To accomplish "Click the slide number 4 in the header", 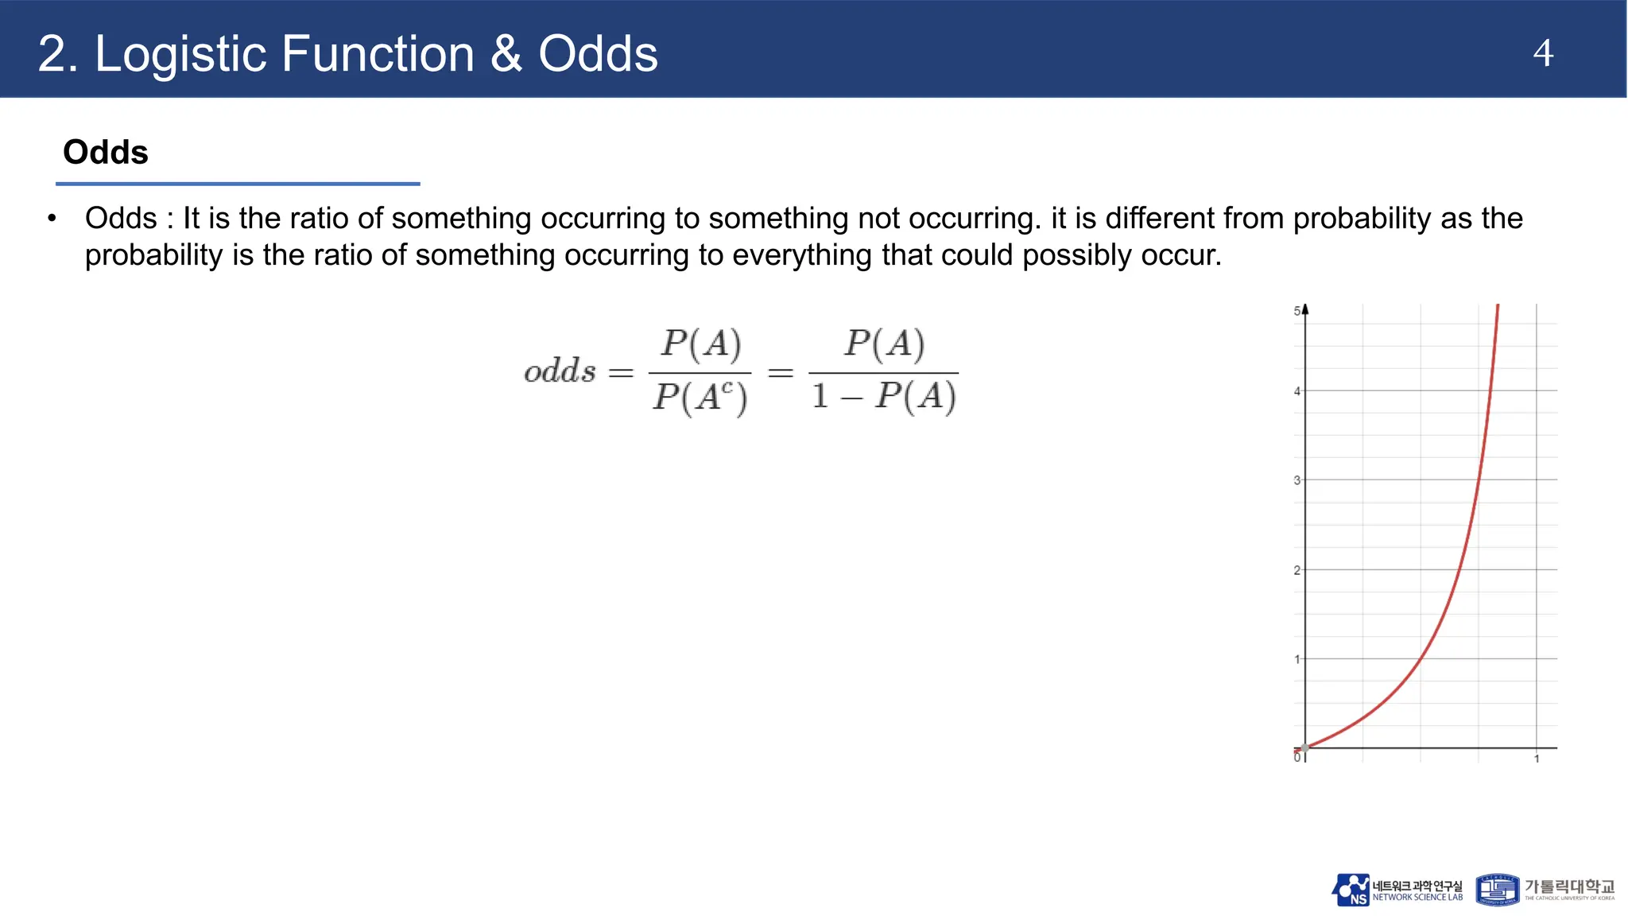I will pos(1542,53).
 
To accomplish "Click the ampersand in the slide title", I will pos(506,54).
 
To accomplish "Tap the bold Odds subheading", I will pos(106,152).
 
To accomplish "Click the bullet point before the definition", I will pos(52,218).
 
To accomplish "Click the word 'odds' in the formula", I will pos(560,371).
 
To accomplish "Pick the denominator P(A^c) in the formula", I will pos(700,397).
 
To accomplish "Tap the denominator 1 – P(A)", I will pos(883,396).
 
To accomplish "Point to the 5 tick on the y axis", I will pos(1297,311).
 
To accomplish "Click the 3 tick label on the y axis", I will pos(1297,480).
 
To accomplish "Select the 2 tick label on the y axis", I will pos(1297,570).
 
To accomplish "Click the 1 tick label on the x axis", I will pos(1537,759).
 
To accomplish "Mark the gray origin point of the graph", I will pos(1304,748).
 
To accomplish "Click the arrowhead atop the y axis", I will pos(1305,309).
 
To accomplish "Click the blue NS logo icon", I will pos(1351,890).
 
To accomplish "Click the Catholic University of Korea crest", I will pos(1498,890).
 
